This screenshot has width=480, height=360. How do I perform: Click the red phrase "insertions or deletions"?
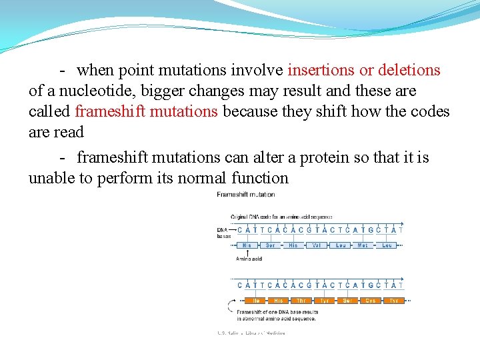click(x=364, y=70)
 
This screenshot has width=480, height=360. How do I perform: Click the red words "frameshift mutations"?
click(x=147, y=111)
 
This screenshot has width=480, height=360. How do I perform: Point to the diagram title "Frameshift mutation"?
click(x=245, y=195)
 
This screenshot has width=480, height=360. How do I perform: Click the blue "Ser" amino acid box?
click(x=270, y=245)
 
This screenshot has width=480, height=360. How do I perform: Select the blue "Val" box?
click(x=317, y=245)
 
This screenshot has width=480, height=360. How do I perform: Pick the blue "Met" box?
click(x=363, y=245)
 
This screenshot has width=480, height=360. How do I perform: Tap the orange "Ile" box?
click(x=247, y=301)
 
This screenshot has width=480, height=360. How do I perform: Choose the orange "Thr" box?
click(x=301, y=301)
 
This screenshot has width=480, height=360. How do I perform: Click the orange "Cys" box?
click(x=370, y=301)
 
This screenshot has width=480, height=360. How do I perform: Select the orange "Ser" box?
click(x=347, y=301)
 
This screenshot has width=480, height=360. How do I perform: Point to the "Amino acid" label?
click(x=248, y=259)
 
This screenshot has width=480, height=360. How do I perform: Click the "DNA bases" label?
click(x=223, y=233)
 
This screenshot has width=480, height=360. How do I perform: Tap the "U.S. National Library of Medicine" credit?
click(x=251, y=333)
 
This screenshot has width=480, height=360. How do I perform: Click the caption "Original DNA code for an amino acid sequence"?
click(x=281, y=217)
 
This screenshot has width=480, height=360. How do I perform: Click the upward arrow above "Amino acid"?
click(x=247, y=253)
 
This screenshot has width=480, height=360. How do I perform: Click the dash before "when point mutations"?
click(x=61, y=70)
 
